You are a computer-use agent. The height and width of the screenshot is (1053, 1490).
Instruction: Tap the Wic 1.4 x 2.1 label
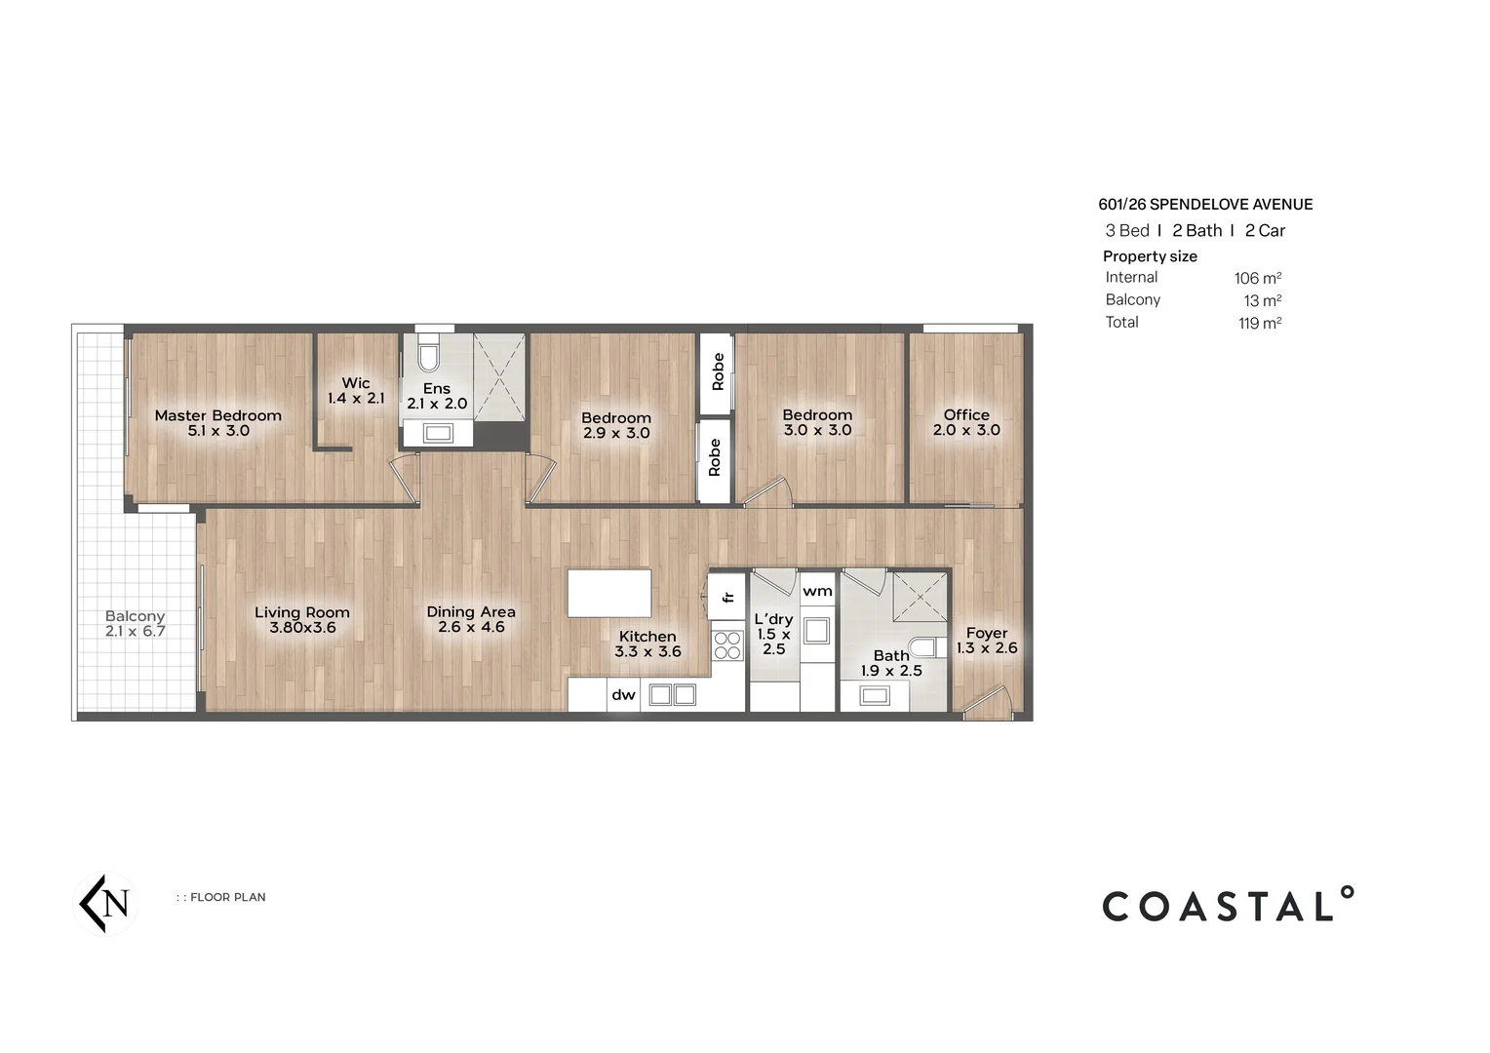point(356,391)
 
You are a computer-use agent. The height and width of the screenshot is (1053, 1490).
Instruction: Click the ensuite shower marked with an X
point(499,377)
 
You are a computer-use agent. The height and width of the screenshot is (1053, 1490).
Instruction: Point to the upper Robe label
point(718,372)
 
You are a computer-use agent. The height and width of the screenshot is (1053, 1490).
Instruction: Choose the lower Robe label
point(714,457)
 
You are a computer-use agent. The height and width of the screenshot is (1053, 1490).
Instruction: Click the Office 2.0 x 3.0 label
point(966,422)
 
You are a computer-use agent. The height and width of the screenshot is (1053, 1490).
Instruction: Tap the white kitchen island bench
point(609,593)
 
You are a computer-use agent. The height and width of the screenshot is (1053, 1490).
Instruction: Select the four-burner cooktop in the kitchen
point(727,645)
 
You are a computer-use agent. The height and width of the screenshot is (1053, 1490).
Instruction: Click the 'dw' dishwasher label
point(623,695)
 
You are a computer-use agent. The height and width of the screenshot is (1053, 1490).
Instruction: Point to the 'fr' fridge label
point(727,596)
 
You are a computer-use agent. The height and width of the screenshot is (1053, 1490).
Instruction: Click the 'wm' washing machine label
point(817,591)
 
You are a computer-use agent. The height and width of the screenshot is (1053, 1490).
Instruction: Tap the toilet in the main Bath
point(922,647)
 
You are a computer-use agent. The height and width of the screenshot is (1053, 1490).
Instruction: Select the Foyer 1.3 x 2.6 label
point(987,641)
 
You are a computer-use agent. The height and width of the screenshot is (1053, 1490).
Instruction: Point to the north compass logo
point(105,904)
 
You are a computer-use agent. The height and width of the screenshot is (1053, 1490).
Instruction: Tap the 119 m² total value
point(1259,324)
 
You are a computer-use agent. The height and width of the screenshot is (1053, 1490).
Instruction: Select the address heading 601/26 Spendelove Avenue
point(1205,205)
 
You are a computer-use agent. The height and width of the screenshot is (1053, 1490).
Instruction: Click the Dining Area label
point(471,619)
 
